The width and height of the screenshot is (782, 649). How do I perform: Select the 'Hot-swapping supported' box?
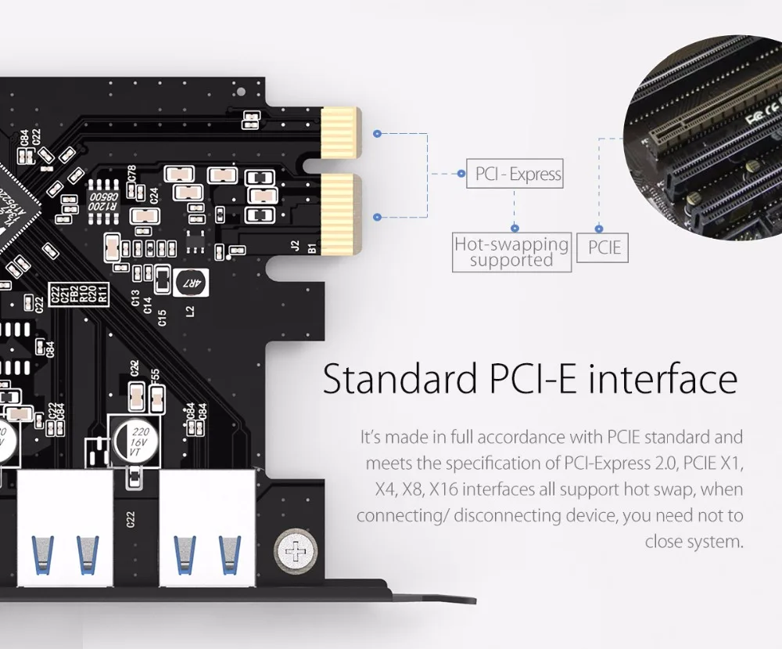tap(512, 252)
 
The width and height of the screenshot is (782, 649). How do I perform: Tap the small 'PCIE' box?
tap(604, 248)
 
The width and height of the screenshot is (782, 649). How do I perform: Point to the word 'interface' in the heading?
tap(662, 379)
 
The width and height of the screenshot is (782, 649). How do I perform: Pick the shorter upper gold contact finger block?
tap(338, 131)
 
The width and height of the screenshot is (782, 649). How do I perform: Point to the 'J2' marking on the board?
tap(295, 245)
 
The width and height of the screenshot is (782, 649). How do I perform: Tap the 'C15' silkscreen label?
tap(162, 317)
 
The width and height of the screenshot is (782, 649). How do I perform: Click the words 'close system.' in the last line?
tap(693, 542)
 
